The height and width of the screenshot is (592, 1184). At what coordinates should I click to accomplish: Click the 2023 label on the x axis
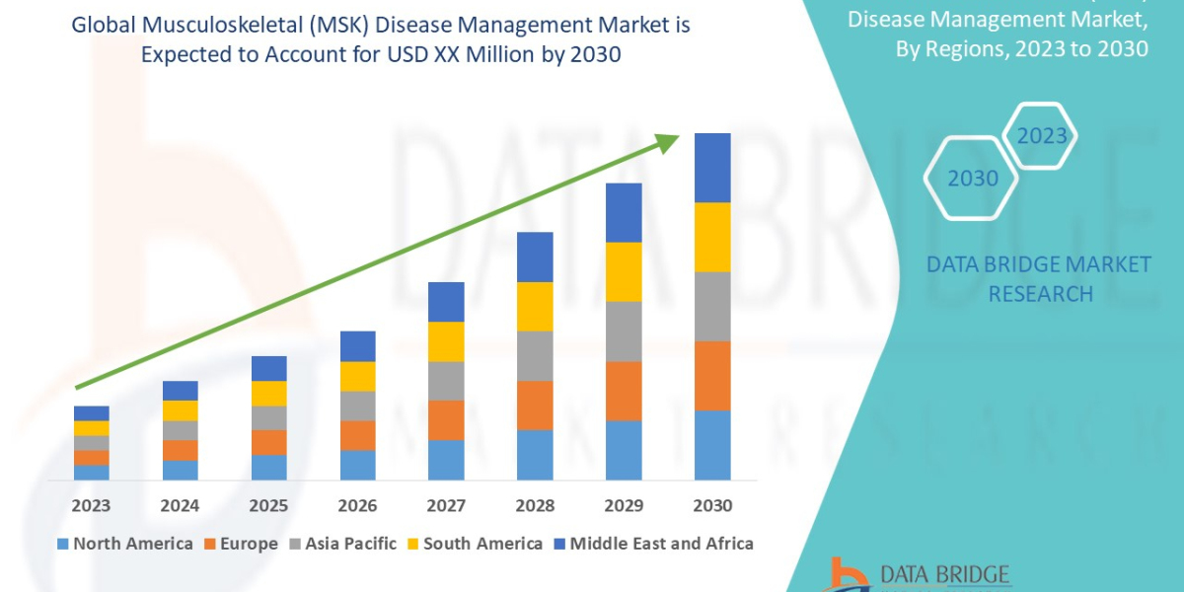click(x=91, y=505)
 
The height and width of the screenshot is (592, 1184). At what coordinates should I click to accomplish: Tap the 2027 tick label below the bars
click(x=446, y=505)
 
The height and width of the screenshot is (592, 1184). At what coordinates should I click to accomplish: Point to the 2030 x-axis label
click(x=712, y=505)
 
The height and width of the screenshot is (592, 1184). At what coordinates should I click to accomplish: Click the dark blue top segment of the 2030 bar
click(x=712, y=168)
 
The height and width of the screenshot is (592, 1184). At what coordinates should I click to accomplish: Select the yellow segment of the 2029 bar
click(x=624, y=271)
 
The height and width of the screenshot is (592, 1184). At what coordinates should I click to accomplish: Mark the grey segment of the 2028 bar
click(x=535, y=355)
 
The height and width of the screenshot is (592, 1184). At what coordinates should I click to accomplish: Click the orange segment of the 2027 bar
click(x=446, y=419)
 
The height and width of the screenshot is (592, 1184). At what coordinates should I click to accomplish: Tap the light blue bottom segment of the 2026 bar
click(x=357, y=465)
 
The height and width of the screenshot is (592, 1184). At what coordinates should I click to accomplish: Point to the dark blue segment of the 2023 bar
click(x=91, y=412)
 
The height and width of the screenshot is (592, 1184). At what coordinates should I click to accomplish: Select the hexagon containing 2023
click(x=1041, y=136)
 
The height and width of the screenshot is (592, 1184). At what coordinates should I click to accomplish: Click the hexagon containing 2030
click(x=972, y=179)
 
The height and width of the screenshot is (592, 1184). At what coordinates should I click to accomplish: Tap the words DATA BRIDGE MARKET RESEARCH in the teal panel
click(x=1039, y=278)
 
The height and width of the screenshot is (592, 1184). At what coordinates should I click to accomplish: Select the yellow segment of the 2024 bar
click(x=180, y=410)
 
